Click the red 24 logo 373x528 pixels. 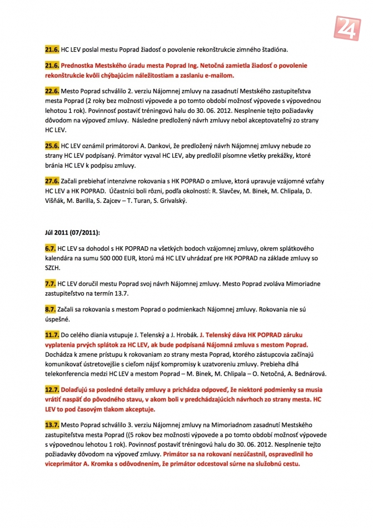349,24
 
